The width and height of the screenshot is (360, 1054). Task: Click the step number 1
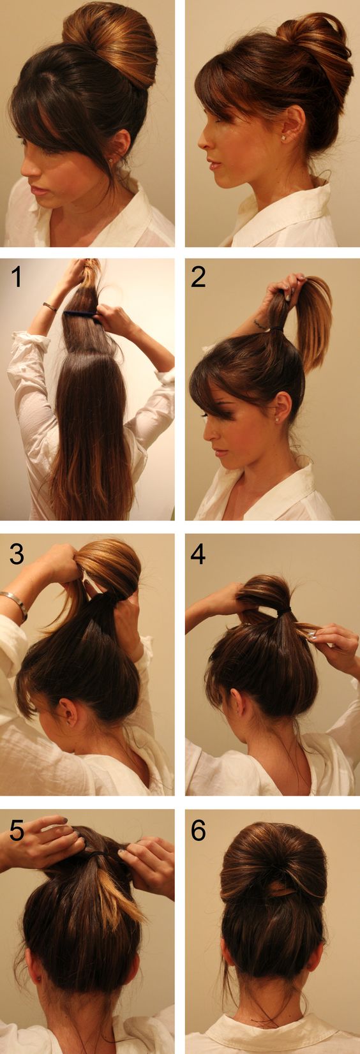(x=17, y=277)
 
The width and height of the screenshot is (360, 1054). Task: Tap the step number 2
(x=198, y=277)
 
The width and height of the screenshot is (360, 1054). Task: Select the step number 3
(x=17, y=554)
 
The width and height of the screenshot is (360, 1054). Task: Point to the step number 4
(x=198, y=554)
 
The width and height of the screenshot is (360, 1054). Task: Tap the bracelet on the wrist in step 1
(x=50, y=308)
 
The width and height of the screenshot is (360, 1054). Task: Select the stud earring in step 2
(x=277, y=419)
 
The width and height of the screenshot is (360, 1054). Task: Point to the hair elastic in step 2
(x=277, y=328)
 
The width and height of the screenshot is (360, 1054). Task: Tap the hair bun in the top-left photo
(x=111, y=42)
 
